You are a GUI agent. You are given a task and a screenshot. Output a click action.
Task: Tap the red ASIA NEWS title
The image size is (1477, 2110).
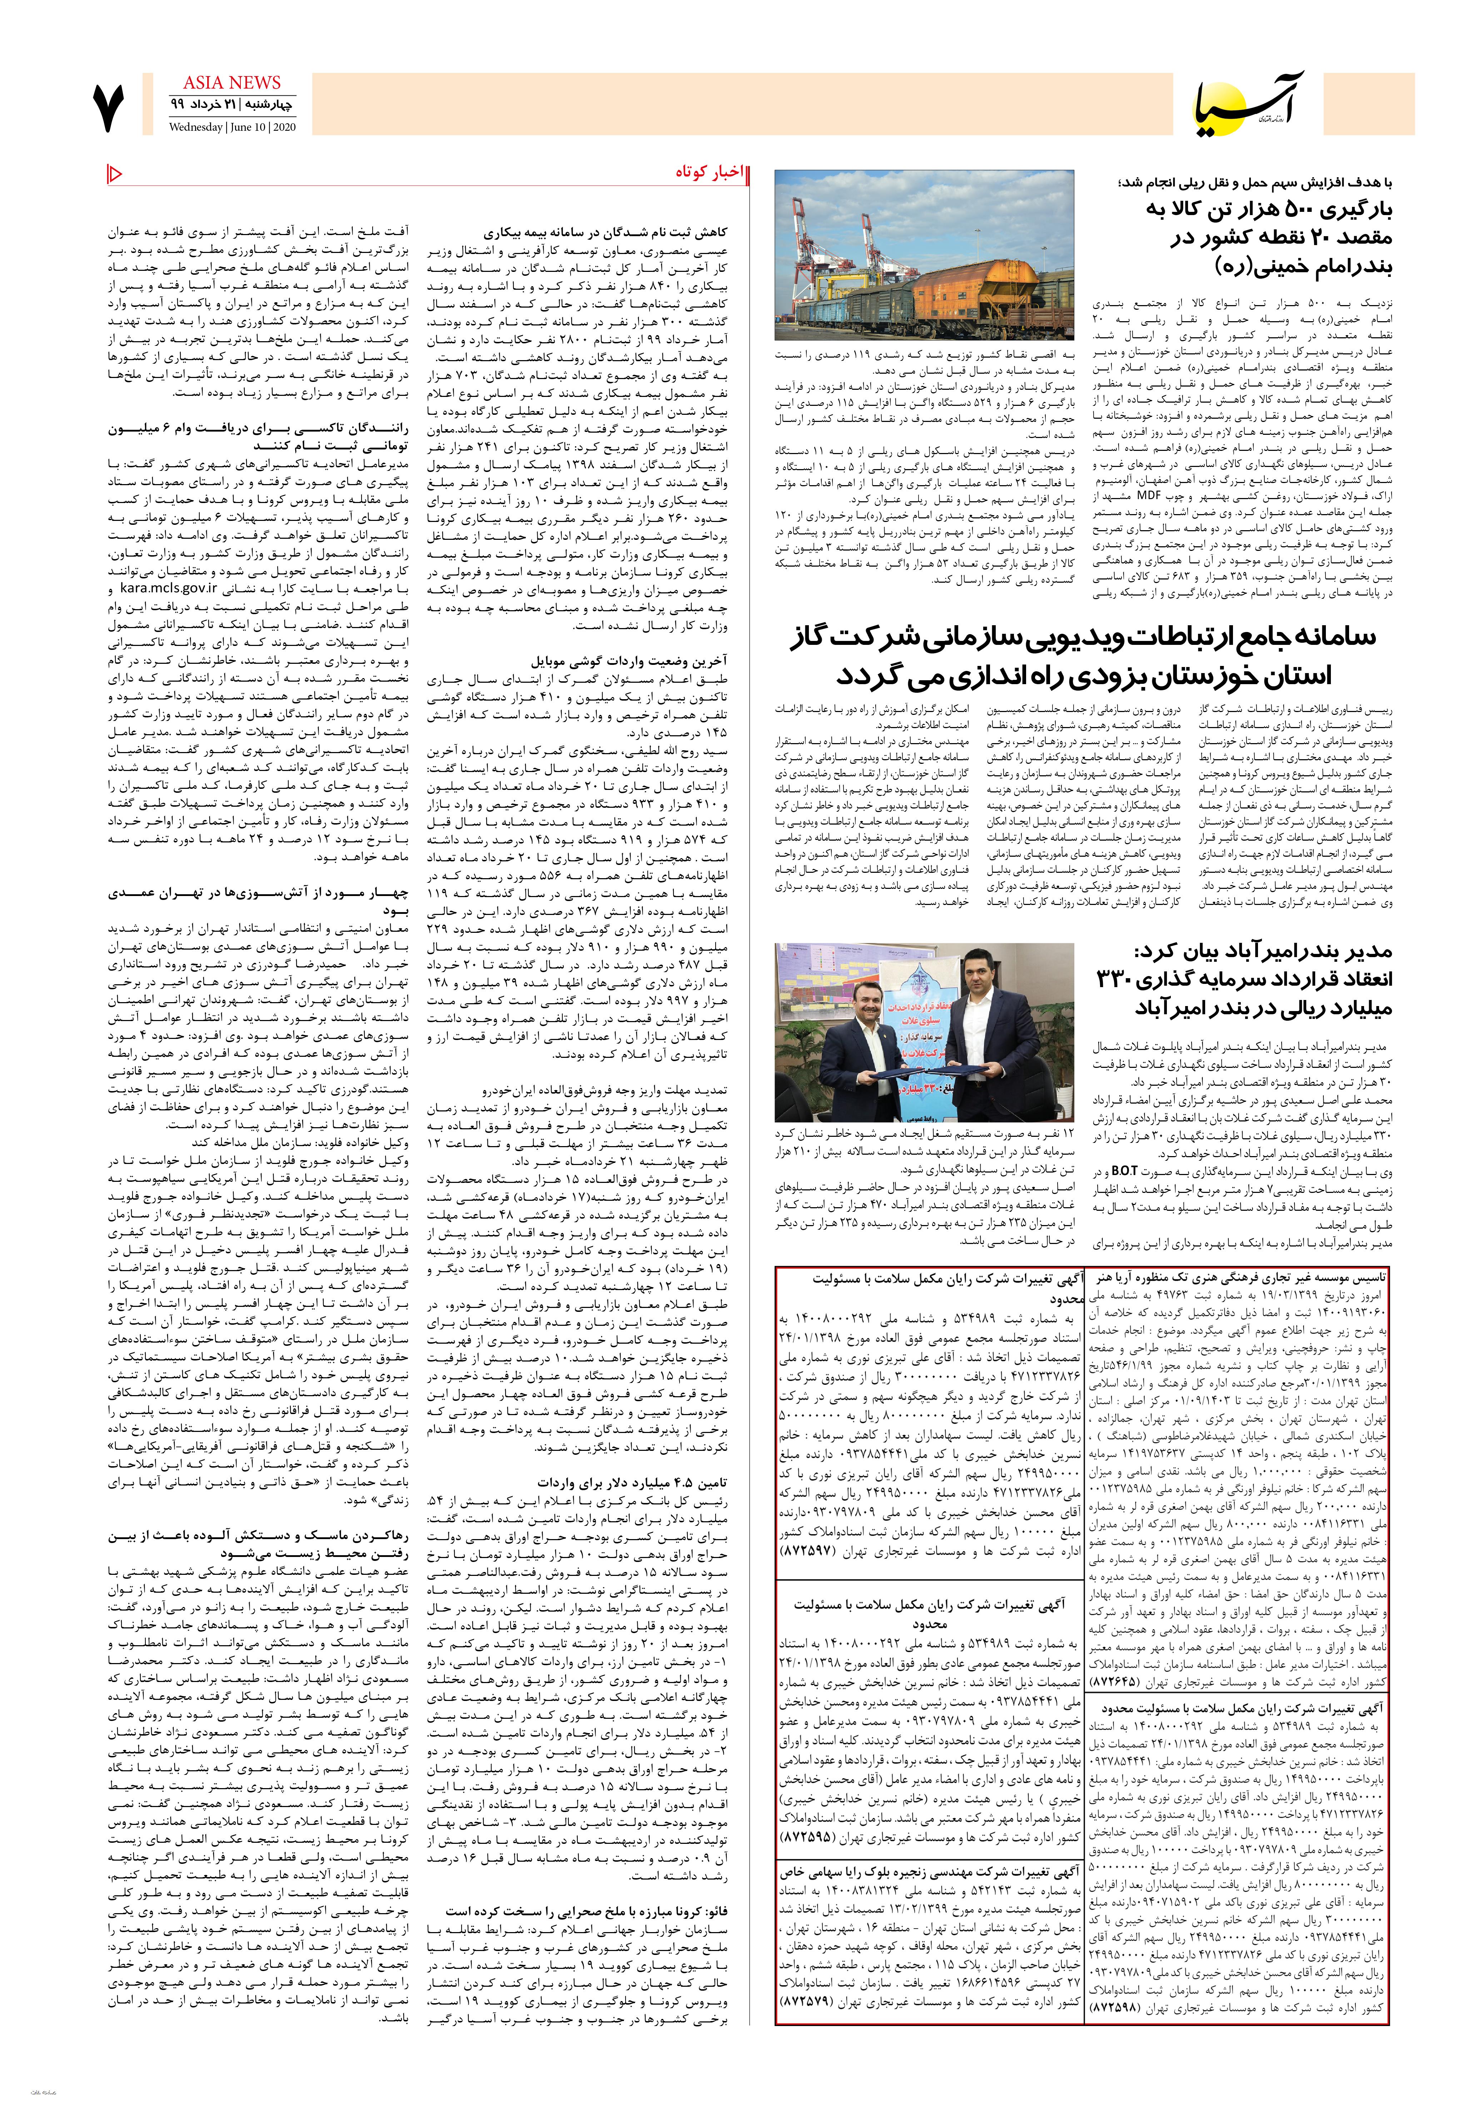pos(232,83)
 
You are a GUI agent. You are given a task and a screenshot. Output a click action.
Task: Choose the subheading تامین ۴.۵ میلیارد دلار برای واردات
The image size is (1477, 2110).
pos(632,1483)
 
